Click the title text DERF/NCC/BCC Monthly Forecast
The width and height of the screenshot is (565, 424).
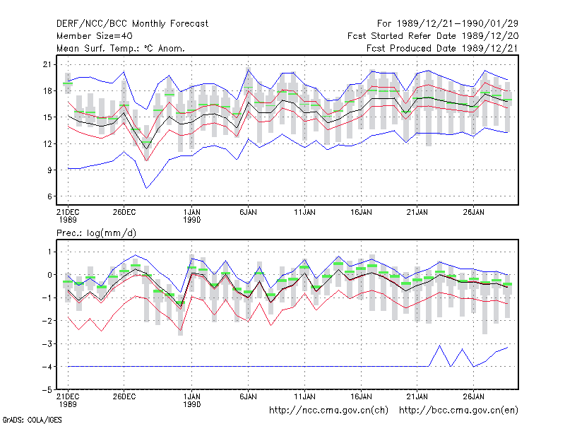(132, 24)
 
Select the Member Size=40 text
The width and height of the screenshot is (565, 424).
(95, 36)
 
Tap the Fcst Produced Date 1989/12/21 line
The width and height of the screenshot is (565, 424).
(442, 48)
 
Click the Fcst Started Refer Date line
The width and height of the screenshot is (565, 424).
(433, 36)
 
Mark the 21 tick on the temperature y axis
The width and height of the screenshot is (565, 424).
(47, 64)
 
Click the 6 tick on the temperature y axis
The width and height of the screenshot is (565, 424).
(49, 196)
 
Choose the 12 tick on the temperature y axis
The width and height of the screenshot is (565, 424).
(47, 144)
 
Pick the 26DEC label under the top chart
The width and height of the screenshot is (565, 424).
(124, 212)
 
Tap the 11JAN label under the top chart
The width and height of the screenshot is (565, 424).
(304, 212)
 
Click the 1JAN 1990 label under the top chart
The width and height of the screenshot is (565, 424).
(191, 216)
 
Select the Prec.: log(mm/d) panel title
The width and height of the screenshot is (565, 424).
(96, 233)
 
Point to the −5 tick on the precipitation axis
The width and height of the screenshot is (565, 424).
(47, 390)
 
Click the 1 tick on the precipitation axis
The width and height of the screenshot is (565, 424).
(49, 252)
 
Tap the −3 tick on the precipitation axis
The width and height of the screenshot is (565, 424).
(47, 343)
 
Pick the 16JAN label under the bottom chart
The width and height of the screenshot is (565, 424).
(361, 396)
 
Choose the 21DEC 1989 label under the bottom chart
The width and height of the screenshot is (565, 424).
(68, 400)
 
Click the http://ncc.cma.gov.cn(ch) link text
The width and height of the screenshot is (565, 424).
(328, 411)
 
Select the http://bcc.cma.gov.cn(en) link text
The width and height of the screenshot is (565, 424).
(458, 411)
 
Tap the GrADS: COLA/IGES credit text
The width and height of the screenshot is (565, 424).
(32, 420)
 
